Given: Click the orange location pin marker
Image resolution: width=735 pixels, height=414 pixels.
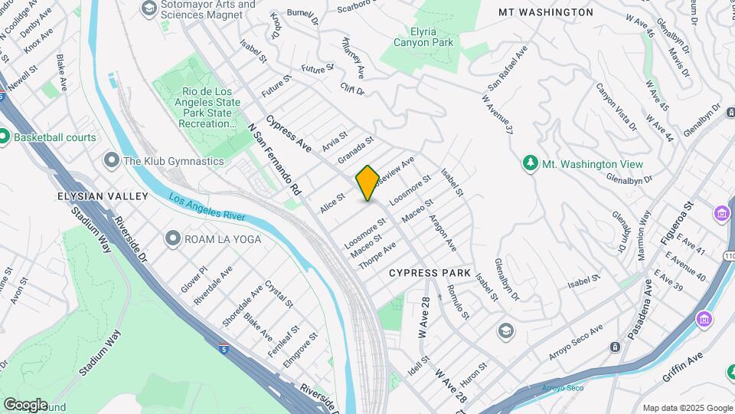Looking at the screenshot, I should [367, 183].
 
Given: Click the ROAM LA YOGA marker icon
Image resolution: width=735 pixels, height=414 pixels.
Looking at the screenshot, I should [172, 238].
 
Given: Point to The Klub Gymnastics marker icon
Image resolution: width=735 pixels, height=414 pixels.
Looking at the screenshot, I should [111, 161].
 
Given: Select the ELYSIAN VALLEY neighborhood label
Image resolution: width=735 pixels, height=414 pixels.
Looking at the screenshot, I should [103, 196].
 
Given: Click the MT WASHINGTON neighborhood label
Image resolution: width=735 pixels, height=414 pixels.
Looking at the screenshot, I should [546, 12].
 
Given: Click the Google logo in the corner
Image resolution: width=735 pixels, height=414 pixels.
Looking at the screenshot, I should [25, 404].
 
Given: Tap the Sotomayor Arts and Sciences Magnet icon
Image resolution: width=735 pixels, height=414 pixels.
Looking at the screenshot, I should [149, 8].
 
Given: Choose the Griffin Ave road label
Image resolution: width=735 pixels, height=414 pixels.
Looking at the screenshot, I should [684, 368].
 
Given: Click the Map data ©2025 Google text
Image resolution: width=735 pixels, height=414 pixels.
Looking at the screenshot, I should [687, 408].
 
